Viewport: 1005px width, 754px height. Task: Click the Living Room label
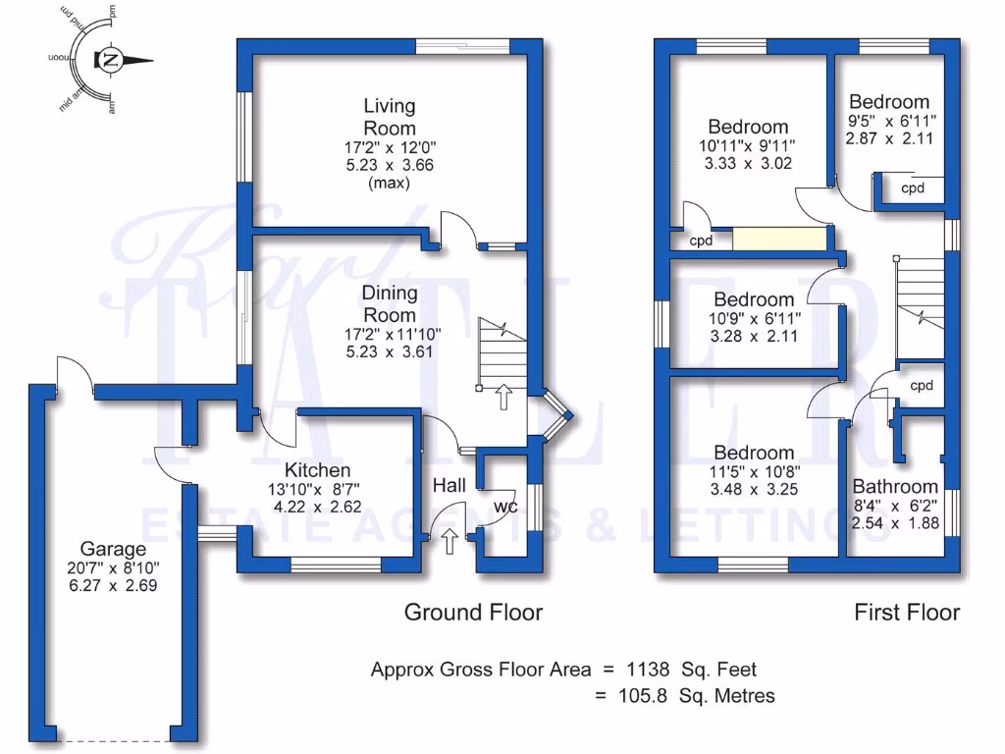[x=390, y=117]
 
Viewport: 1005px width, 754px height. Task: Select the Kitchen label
[x=317, y=470]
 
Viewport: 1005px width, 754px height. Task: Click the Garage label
[x=113, y=549]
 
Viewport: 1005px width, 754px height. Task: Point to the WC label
[x=505, y=507]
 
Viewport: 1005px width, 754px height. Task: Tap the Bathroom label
[x=895, y=486]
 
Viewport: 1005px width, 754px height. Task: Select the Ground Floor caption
[x=473, y=613]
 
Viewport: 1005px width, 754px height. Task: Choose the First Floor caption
[x=907, y=613]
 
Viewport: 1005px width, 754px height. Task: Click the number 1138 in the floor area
[x=649, y=670]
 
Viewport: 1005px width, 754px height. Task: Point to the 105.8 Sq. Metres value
[x=685, y=696]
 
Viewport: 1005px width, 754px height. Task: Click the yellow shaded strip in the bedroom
[x=778, y=240]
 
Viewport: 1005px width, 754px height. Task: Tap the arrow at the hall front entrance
[x=450, y=539]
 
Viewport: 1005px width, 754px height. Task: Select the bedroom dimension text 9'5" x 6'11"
[x=891, y=120]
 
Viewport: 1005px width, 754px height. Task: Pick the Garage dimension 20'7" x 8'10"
[x=113, y=567]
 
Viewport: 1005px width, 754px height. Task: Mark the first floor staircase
[x=921, y=304]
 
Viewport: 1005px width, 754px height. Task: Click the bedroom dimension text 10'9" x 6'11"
[x=754, y=318]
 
